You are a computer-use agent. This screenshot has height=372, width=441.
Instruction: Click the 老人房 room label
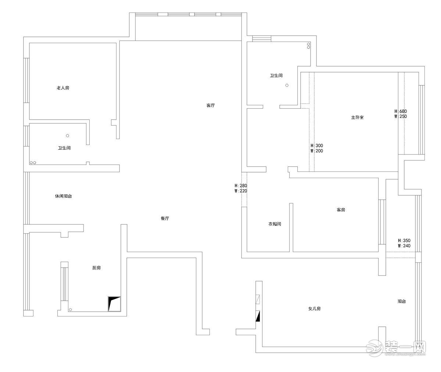(x=63, y=88)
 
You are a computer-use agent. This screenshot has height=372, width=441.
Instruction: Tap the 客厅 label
(x=210, y=105)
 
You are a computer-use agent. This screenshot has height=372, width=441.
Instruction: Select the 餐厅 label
(x=165, y=218)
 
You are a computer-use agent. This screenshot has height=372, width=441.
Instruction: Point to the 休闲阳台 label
(x=63, y=196)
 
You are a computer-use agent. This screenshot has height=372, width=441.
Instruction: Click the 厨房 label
(x=96, y=268)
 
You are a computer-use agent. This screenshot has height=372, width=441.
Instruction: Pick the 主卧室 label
(x=357, y=117)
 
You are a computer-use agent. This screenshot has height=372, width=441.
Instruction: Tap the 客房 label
(x=341, y=210)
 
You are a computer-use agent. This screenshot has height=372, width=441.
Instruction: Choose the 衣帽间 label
(x=275, y=224)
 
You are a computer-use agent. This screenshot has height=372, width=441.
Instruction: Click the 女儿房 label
(x=314, y=309)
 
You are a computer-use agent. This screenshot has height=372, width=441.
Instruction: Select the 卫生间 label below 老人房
(x=64, y=148)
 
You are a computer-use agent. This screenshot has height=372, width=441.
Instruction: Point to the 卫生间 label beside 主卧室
(x=276, y=75)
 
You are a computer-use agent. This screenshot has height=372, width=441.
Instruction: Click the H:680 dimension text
(x=401, y=111)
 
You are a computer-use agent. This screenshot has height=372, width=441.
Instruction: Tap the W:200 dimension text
(x=316, y=151)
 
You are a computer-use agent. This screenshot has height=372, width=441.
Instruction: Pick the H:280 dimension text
(x=241, y=186)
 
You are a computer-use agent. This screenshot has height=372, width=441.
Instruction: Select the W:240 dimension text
(x=404, y=246)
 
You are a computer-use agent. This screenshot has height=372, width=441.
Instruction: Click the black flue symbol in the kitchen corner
(x=114, y=304)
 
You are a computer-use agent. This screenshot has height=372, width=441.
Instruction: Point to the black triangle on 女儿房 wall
(x=258, y=316)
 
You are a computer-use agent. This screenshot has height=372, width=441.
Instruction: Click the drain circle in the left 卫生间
(x=67, y=135)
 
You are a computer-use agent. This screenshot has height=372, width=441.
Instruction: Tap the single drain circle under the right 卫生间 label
(x=287, y=85)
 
